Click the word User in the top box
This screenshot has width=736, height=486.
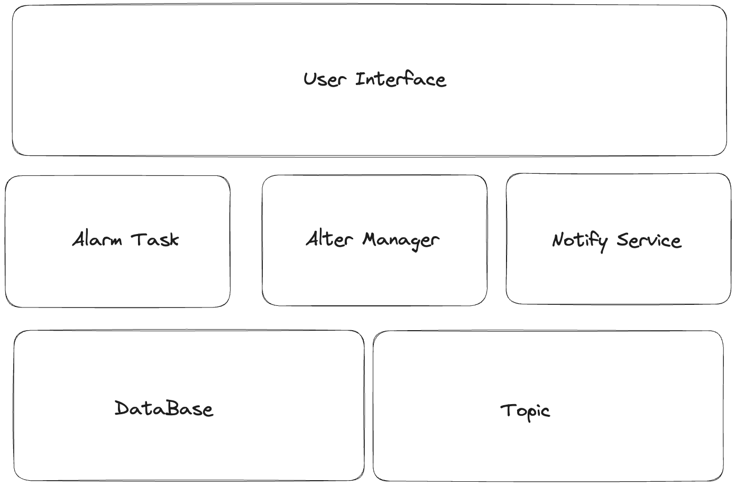click(x=325, y=79)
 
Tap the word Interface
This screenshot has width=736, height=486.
click(x=401, y=79)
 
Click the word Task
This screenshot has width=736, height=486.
click(x=155, y=239)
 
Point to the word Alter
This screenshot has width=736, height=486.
click(x=329, y=238)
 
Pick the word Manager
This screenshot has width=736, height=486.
click(x=401, y=241)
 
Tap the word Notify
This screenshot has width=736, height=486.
click(x=579, y=242)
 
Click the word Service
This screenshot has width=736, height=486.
click(x=649, y=240)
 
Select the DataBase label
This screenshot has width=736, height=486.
click(x=164, y=408)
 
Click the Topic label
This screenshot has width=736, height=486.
click(x=525, y=412)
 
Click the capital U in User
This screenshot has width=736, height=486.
click(x=310, y=79)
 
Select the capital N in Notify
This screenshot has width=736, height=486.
click(x=559, y=240)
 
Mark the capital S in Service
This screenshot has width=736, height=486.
click(x=623, y=240)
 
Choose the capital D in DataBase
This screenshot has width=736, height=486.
click(x=122, y=408)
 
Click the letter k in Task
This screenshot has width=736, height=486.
click(x=173, y=239)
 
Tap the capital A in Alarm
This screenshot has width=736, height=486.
click(x=79, y=238)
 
